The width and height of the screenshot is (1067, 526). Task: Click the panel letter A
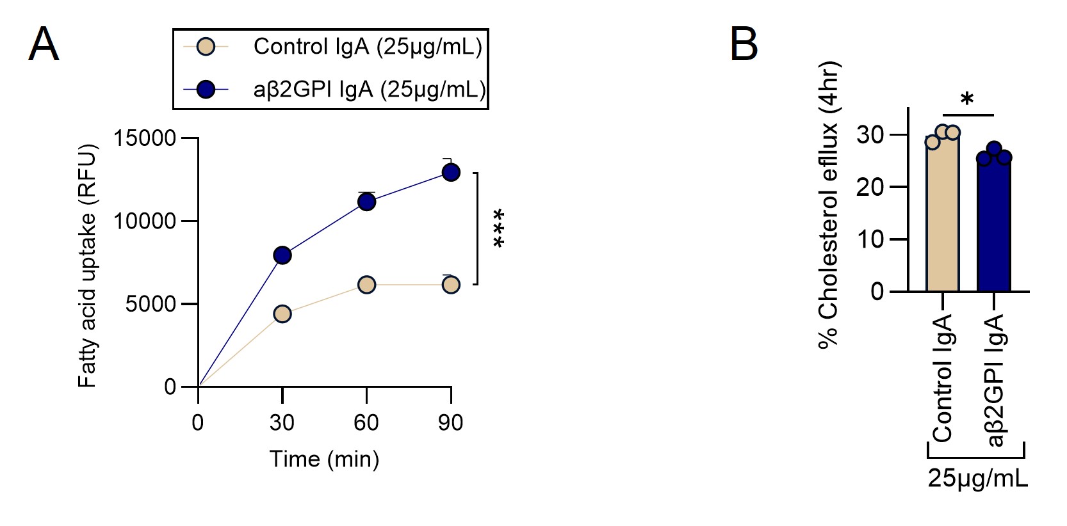[x=44, y=45]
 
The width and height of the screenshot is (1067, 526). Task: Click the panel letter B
[x=744, y=45]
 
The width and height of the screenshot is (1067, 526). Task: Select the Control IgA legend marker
[x=206, y=47]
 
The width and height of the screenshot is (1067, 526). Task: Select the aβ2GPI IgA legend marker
[x=206, y=90]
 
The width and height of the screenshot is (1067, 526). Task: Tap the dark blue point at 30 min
[x=282, y=255]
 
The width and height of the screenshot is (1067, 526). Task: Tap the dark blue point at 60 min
[x=366, y=202]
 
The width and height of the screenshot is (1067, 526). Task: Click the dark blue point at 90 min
[x=451, y=172]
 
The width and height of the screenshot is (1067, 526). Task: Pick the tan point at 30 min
[x=282, y=314]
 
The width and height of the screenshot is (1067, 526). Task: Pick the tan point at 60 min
[x=366, y=285]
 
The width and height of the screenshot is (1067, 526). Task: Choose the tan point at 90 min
[x=451, y=285]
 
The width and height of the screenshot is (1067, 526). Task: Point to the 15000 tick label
[x=145, y=138]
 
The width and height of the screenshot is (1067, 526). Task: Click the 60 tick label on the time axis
[x=366, y=422]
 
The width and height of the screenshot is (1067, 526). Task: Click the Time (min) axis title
[x=324, y=459]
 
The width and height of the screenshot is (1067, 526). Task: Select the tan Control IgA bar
[x=943, y=218]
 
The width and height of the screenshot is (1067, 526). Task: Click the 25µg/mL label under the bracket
[x=977, y=478]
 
